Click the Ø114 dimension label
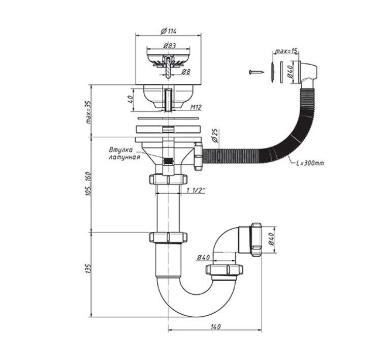tap(168, 31)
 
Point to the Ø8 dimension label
tap(185, 72)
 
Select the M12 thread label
tap(196, 107)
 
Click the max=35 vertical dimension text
tap(88, 112)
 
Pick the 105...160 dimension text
tap(88, 184)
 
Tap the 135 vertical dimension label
tap(88, 268)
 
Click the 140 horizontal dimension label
tap(215, 326)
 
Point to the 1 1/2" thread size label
tap(196, 191)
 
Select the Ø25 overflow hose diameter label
tap(215, 136)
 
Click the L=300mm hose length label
tap(310, 163)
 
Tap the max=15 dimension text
tap(286, 51)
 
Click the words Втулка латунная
tap(124, 154)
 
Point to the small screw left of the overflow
tap(256, 72)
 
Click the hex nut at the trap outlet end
tap(256, 239)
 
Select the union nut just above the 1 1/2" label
tap(168, 179)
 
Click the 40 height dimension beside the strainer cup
tap(131, 99)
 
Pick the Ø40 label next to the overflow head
tap(291, 72)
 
